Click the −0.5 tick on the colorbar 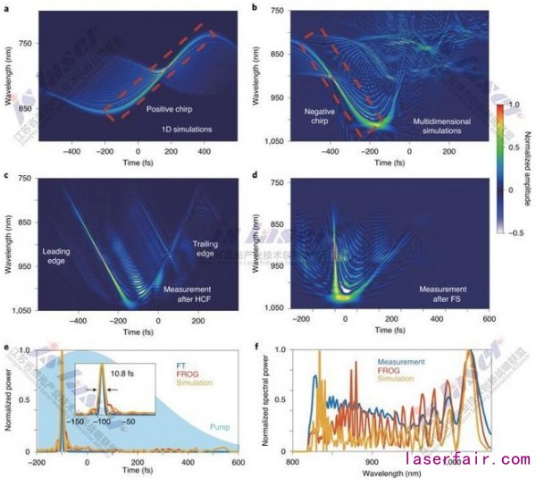tap(517, 232)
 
